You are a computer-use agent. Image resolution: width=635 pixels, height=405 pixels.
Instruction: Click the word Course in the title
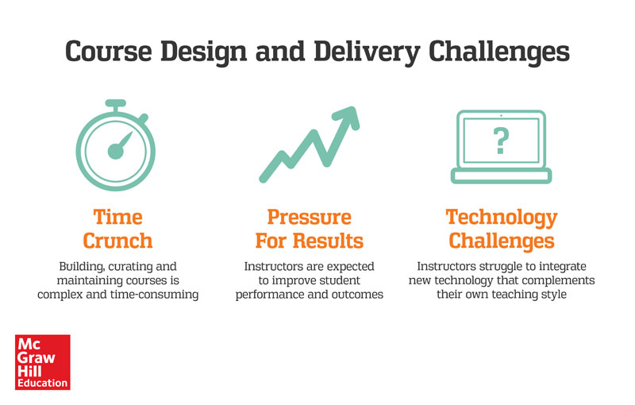pos(109,52)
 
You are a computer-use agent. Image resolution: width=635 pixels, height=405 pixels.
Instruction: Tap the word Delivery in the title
pos(367,52)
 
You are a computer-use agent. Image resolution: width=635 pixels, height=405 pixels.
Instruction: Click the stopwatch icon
pos(116,145)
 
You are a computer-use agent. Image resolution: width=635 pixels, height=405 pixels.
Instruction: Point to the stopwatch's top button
pos(115,104)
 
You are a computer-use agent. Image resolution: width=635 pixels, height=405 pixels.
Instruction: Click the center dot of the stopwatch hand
pos(115,151)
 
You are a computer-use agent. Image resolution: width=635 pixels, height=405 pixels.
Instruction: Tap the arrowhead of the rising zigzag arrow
pos(347,118)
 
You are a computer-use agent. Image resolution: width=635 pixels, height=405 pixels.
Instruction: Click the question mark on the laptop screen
pos(501,141)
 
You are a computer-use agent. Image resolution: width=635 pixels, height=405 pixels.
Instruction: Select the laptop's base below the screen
pos(502,175)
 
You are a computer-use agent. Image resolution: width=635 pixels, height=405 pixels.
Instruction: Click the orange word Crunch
pos(117,241)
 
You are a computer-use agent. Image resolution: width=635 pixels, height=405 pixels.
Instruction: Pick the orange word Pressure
pos(309,217)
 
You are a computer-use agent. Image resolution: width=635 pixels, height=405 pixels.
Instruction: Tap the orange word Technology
pos(502,218)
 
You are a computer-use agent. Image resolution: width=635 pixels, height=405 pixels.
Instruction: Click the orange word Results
pos(328,241)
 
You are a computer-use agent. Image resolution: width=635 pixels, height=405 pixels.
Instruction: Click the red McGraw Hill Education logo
pos(43,362)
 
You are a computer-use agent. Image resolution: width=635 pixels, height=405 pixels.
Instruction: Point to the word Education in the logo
pos(43,383)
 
